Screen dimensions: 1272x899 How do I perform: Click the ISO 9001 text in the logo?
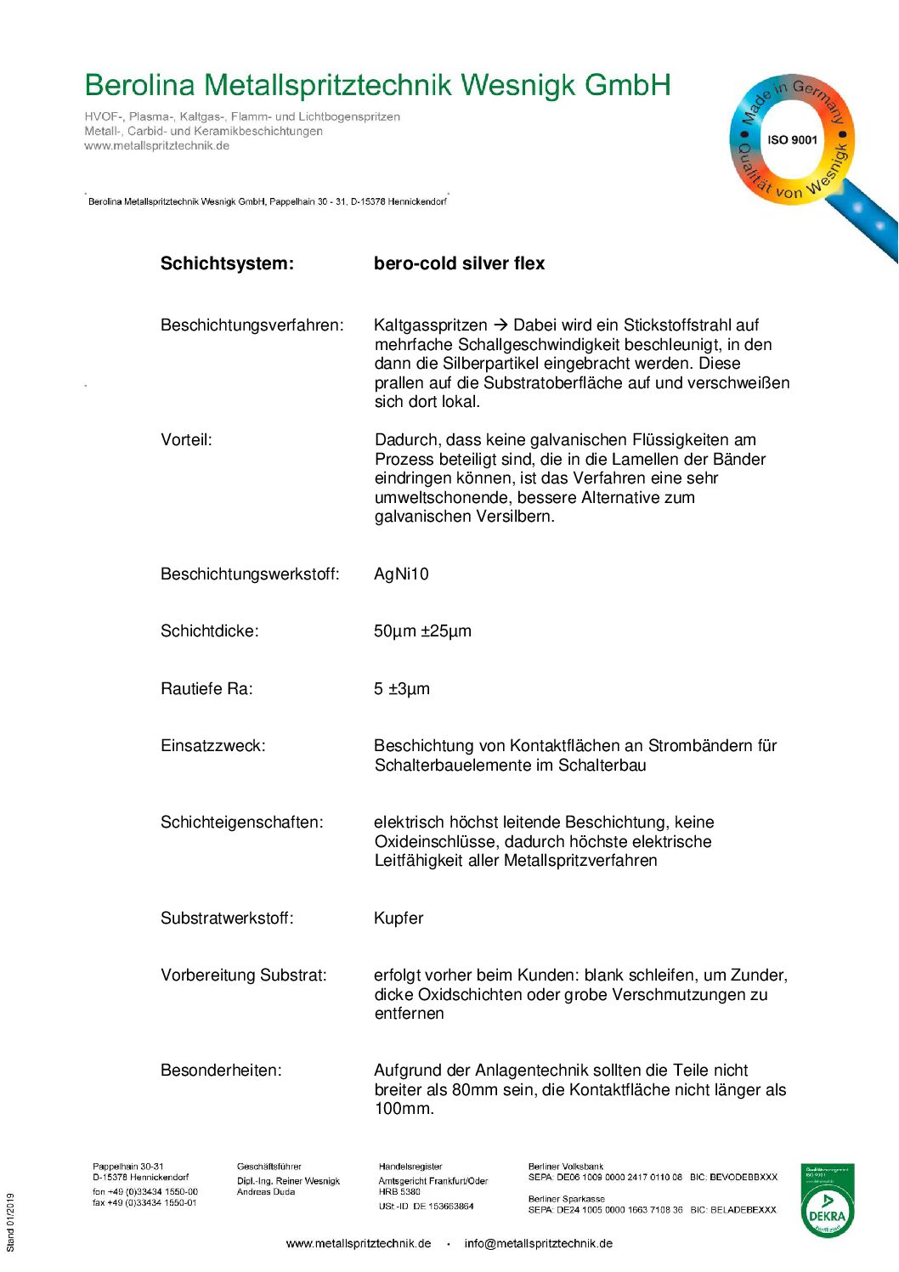792,140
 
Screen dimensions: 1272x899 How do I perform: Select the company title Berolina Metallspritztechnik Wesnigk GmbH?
377,86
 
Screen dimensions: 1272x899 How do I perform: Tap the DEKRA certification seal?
827,1201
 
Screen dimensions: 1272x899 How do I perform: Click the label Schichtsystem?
227,263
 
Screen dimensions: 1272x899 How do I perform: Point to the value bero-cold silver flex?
459,263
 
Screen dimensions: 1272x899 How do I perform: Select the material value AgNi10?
401,574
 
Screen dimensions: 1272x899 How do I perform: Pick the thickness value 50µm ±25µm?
422,631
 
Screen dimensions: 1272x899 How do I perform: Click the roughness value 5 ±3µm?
402,689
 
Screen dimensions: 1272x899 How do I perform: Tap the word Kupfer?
399,919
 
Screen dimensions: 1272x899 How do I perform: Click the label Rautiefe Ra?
206,689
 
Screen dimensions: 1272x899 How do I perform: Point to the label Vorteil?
186,440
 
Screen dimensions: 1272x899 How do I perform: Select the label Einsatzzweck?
212,746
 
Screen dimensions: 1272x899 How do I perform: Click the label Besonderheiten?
221,1071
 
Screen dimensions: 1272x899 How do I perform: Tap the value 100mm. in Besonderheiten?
404,1109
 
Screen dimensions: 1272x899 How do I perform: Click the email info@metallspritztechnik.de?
538,1244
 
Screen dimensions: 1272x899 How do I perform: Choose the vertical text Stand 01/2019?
11,1223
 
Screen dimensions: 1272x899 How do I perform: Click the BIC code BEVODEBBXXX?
744,1178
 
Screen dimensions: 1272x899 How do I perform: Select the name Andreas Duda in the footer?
266,1192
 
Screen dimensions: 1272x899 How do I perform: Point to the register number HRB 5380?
399,1192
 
